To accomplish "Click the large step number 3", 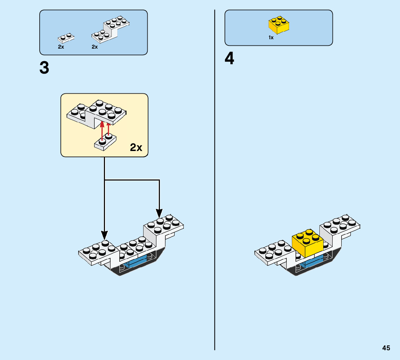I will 44,68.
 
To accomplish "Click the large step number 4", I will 229,59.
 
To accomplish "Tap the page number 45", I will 386,348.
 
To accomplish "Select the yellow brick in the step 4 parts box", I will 279,25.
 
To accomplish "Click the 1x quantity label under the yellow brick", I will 271,37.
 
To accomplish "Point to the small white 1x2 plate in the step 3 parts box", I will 66,37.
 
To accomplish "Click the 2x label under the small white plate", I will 61,47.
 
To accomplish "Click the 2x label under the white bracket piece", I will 95,47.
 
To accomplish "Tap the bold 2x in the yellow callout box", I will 136,148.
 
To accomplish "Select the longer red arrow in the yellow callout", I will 102,131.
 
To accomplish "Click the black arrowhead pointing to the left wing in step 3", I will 104,235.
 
